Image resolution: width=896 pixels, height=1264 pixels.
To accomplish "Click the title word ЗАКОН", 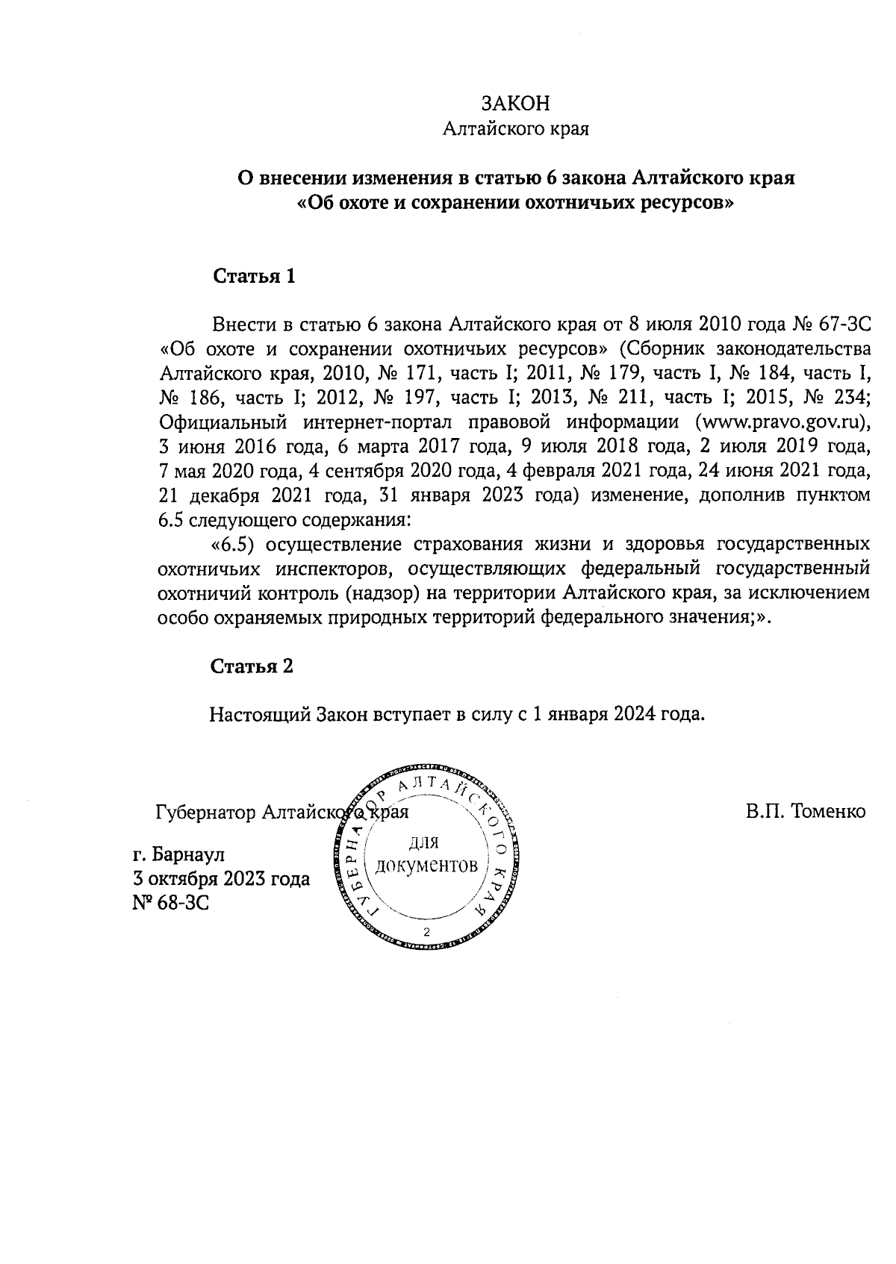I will click(x=516, y=103).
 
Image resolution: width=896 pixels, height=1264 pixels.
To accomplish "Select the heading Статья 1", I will click(x=254, y=277).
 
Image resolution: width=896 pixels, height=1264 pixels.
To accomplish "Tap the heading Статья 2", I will click(x=252, y=666).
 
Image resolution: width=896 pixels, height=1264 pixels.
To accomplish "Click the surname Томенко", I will click(x=806, y=811).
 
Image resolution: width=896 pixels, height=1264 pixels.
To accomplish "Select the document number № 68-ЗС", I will click(x=169, y=903).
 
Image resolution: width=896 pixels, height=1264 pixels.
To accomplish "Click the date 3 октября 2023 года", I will click(x=220, y=879).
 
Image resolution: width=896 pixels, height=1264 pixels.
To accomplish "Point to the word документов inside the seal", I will click(x=426, y=866).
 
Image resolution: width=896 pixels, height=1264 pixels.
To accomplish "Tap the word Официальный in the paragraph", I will click(x=224, y=422).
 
